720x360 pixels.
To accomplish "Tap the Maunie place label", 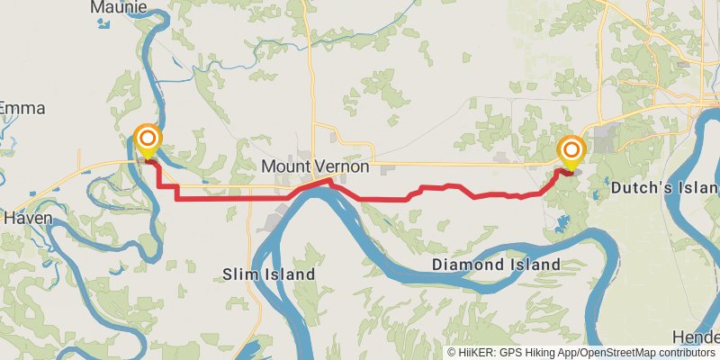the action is pyautogui.click(x=117, y=7).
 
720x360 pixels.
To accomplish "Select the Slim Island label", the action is pyautogui.click(x=269, y=274).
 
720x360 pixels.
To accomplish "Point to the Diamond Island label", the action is pyautogui.click(x=496, y=265).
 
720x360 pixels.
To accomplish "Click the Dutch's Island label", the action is pyautogui.click(x=664, y=189).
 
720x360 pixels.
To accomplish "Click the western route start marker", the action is pyautogui.click(x=148, y=140).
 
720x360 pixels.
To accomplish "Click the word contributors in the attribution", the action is pyautogui.click(x=684, y=353).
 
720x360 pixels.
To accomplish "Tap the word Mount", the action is pyautogui.click(x=283, y=166).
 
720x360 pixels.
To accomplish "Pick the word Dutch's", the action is pyautogui.click(x=634, y=189).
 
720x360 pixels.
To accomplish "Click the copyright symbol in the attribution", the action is pyautogui.click(x=453, y=353).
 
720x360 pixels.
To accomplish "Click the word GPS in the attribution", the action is pyautogui.click(x=509, y=353).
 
